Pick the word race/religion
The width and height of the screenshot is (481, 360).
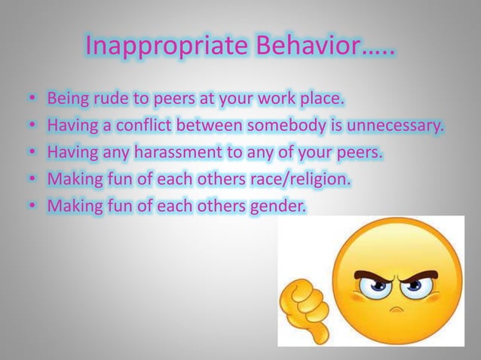click(x=298, y=181)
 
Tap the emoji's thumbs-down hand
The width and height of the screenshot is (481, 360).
click(x=302, y=309)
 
